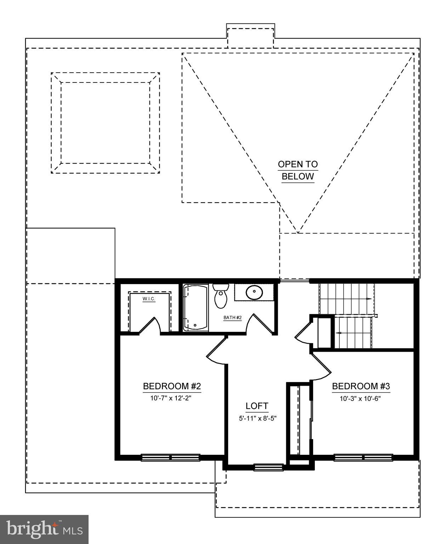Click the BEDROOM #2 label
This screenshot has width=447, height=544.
[x=172, y=386]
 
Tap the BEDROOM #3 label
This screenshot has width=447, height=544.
[x=361, y=386]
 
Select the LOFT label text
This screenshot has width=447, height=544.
[x=257, y=406]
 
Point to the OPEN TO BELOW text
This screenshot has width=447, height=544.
[x=298, y=170]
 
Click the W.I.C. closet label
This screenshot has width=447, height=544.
[x=149, y=299]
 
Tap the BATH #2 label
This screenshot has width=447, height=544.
[x=232, y=318]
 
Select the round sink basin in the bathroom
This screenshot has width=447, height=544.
[x=254, y=293]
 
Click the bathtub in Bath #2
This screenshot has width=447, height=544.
[x=196, y=308]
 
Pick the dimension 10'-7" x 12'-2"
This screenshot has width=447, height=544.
[x=172, y=398]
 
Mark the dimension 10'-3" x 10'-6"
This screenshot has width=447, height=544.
[x=361, y=398]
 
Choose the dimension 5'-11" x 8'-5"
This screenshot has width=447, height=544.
[x=257, y=418]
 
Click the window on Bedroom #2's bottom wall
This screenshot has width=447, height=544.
[x=171, y=458]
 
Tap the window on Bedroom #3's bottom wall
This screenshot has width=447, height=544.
[x=363, y=458]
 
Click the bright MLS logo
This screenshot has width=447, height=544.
[x=44, y=529]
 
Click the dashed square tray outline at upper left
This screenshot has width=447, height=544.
[x=105, y=123]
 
